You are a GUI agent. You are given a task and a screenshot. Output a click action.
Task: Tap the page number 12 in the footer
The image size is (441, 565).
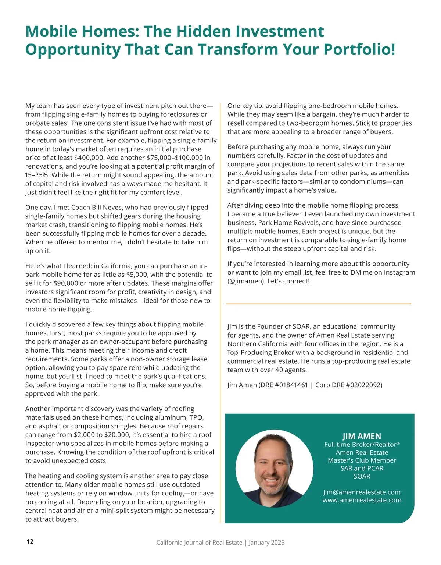tap(30, 541)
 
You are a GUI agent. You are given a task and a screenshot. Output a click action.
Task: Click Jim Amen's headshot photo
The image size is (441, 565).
tap(275, 469)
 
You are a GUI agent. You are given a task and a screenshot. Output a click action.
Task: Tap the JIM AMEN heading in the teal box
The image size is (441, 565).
tap(362, 436)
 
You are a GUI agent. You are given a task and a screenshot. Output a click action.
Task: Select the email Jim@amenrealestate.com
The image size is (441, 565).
tap(362, 492)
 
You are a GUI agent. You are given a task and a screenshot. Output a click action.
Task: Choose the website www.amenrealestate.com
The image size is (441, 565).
tap(362, 500)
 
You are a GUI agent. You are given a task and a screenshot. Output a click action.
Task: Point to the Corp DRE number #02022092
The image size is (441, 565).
tap(364, 385)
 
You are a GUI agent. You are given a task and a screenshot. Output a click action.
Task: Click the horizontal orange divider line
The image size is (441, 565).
tap(318, 304)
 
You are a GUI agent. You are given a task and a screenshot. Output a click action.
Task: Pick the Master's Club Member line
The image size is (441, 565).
tap(362, 460)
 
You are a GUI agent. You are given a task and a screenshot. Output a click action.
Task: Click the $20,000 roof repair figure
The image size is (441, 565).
tap(116, 435)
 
